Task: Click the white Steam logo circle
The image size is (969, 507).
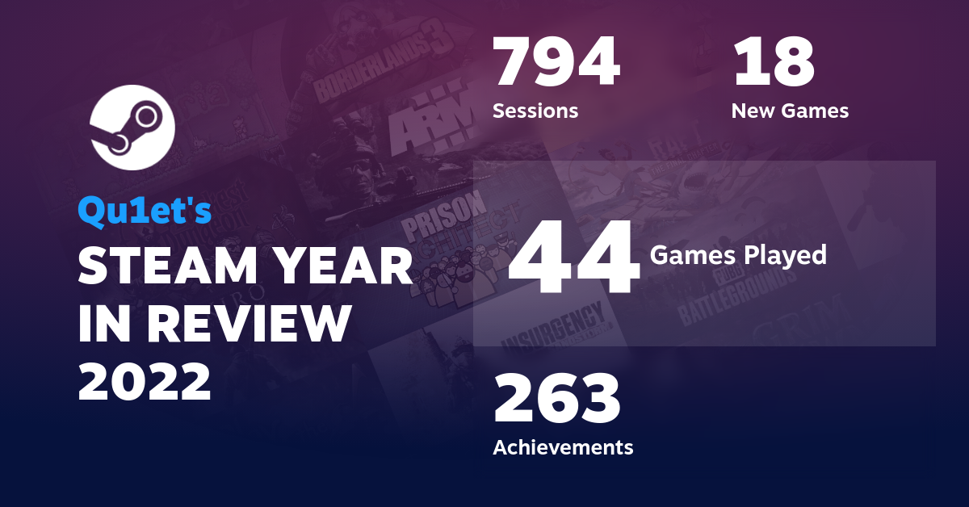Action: pyautogui.click(x=132, y=127)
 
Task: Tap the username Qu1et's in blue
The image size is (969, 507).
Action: pyautogui.click(x=145, y=212)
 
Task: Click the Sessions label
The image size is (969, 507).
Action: pyautogui.click(x=535, y=111)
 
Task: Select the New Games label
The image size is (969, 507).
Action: pyautogui.click(x=790, y=111)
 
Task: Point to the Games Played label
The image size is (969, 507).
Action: pyautogui.click(x=738, y=256)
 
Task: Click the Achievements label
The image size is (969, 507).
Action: pyautogui.click(x=563, y=446)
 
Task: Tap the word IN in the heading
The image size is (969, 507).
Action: pyautogui.click(x=102, y=324)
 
